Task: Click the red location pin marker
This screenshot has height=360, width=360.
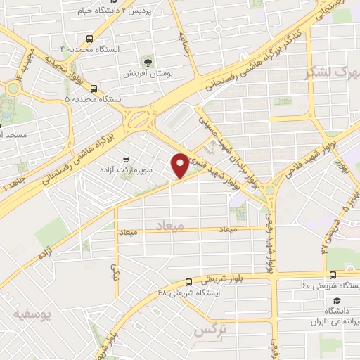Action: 181,165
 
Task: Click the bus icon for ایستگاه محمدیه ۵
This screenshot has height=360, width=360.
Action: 94,89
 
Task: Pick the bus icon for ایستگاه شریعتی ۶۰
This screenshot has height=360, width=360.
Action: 332,274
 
